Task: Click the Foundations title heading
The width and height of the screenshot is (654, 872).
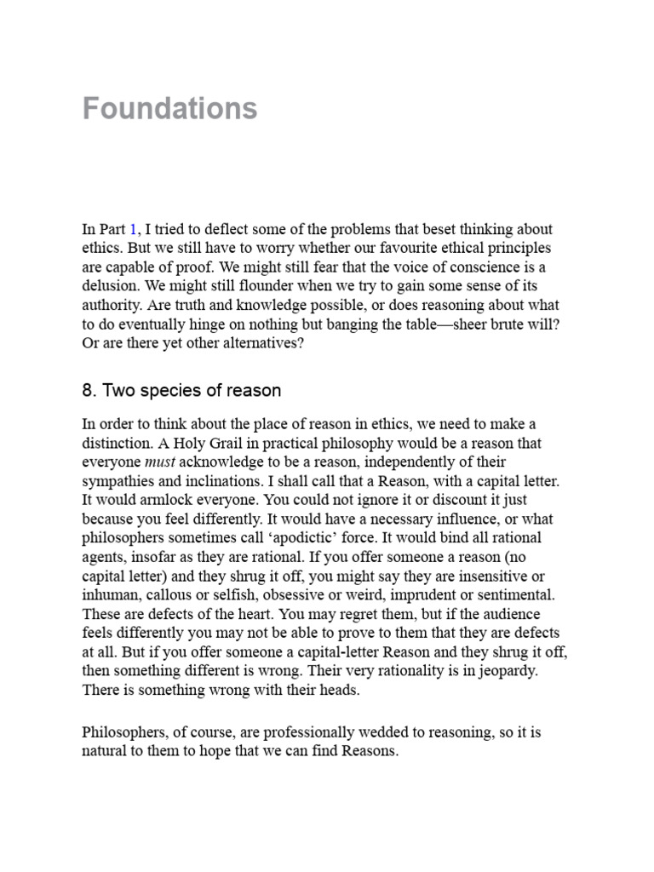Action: (169, 109)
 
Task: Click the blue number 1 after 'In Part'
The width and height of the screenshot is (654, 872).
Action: (133, 229)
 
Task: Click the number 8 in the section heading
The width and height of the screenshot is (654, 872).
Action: (88, 391)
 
